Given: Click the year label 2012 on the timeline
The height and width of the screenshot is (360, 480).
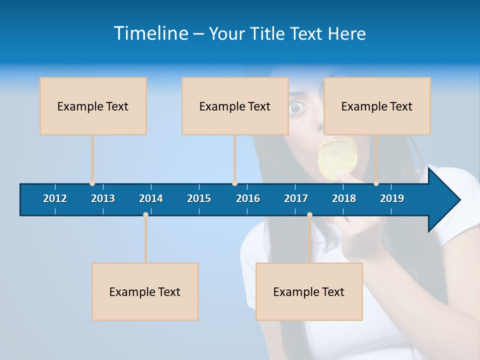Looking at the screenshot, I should click(x=55, y=198).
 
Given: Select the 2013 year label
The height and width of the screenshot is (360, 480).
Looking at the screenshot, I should click(x=103, y=198).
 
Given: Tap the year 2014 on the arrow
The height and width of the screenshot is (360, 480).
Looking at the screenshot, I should click(x=151, y=198).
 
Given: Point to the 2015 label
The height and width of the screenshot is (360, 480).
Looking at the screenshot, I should click(x=199, y=198).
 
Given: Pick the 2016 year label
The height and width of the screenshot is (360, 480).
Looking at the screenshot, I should click(x=248, y=198).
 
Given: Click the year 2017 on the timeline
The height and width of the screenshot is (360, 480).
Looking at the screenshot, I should click(x=296, y=198).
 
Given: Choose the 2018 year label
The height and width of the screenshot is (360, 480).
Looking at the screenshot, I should click(x=344, y=198).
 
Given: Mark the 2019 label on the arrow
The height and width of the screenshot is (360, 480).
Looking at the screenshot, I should click(x=392, y=198).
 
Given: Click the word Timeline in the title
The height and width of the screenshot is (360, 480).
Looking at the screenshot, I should click(x=151, y=33).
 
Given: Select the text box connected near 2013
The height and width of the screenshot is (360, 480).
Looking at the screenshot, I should click(x=93, y=106).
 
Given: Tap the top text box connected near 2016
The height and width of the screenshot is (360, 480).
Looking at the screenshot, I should click(x=235, y=106).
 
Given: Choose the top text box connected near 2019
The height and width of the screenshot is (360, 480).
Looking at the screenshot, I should click(x=377, y=106).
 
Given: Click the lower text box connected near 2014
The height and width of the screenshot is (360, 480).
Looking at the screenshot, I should click(x=145, y=291).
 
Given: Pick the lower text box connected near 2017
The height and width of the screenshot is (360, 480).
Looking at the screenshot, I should click(x=309, y=291).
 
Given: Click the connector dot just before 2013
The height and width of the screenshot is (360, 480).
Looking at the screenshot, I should click(x=92, y=183).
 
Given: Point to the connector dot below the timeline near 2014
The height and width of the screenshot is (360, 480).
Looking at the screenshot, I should click(x=145, y=214).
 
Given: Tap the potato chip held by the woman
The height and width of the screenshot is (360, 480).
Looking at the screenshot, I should click(x=337, y=157).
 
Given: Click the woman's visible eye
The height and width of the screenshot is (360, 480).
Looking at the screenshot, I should click(x=297, y=107).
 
